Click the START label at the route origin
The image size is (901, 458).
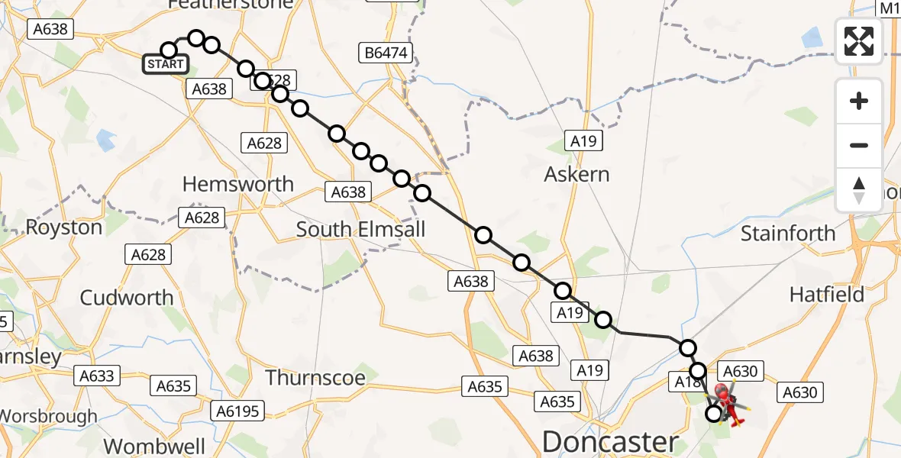pos(166,64)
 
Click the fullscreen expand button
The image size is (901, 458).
pos(859,41)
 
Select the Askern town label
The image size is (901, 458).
pos(576,174)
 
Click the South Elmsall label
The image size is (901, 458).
pos(360,229)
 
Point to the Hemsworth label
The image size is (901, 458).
pos(238,184)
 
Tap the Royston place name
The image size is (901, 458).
pos(64,227)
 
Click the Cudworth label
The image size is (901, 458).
pos(127,297)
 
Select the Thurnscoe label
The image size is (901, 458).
pos(315,376)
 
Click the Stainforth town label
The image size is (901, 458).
pos(788,233)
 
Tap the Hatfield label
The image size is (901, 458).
pos(827,294)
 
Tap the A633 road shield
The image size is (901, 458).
pos(96,376)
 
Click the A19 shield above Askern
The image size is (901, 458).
pos(584,140)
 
